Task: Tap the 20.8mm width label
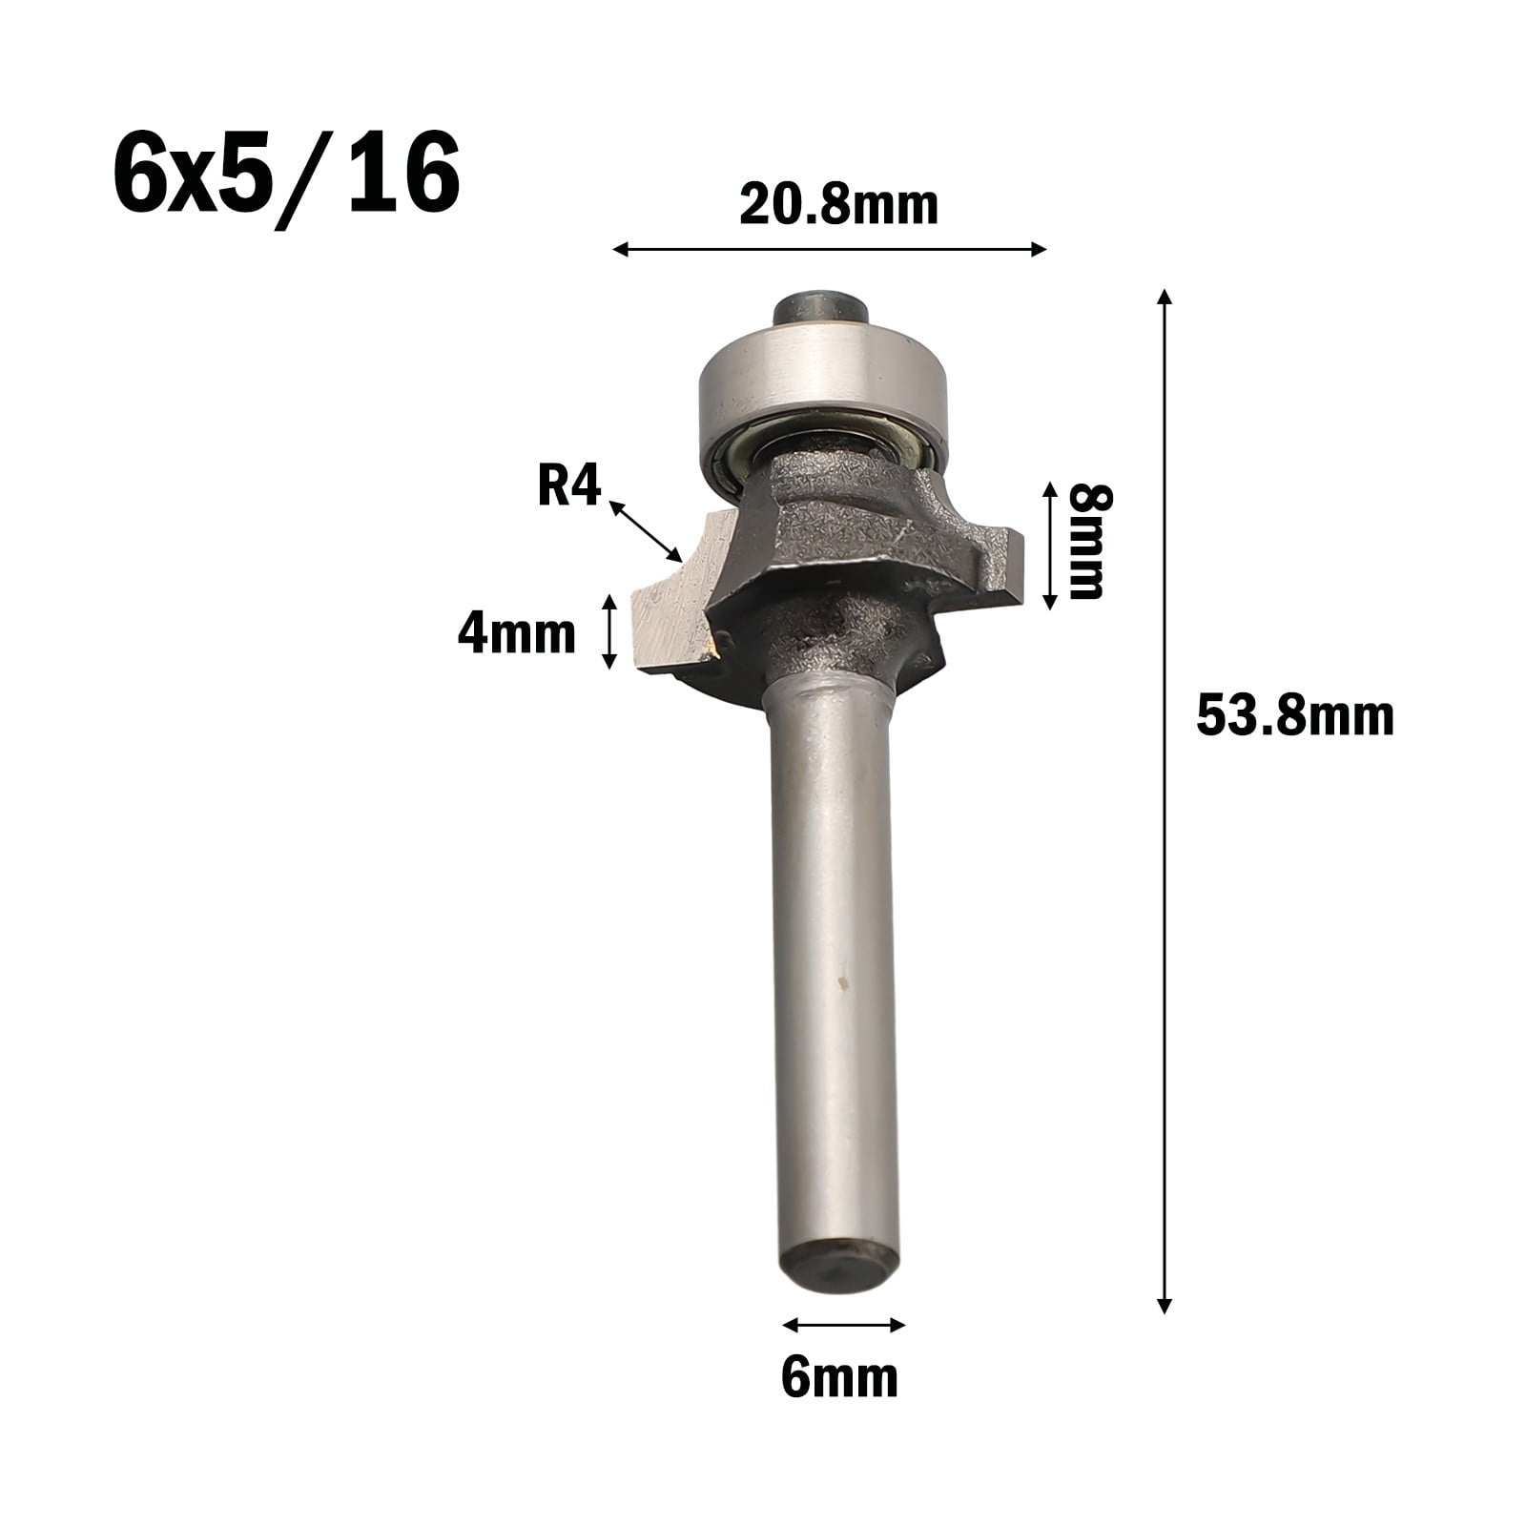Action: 838,206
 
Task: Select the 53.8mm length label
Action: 1294,717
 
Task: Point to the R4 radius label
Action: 568,488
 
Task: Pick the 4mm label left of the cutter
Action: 516,633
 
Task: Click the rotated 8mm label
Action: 1086,541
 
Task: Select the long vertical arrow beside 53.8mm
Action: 1163,801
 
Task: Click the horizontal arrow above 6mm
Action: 843,1324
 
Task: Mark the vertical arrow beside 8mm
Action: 1049,545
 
